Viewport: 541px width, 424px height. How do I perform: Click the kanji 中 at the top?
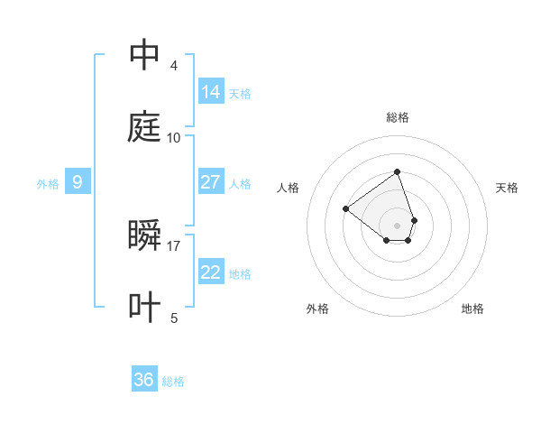(144, 55)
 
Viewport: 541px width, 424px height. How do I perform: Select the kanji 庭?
(144, 127)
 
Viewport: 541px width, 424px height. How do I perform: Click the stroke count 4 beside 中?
(174, 66)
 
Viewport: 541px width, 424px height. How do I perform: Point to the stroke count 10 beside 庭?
(174, 138)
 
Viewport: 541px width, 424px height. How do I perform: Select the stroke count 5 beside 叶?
(174, 318)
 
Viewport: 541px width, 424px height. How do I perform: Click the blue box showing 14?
(210, 92)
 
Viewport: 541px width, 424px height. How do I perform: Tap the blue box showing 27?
(210, 182)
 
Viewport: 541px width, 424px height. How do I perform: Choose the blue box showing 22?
(210, 272)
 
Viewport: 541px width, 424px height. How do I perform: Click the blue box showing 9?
(78, 182)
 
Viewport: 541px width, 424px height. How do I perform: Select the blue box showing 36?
(144, 381)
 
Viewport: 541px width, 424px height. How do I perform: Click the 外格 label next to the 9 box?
(48, 184)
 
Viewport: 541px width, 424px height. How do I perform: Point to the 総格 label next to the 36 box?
(173, 383)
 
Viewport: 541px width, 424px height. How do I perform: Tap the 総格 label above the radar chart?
(397, 117)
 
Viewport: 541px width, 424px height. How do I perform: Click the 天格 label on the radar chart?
(507, 188)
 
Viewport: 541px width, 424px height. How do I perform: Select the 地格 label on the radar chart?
(472, 309)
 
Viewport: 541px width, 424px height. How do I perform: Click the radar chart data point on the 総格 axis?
(397, 171)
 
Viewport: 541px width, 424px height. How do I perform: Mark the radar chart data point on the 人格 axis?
(345, 208)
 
